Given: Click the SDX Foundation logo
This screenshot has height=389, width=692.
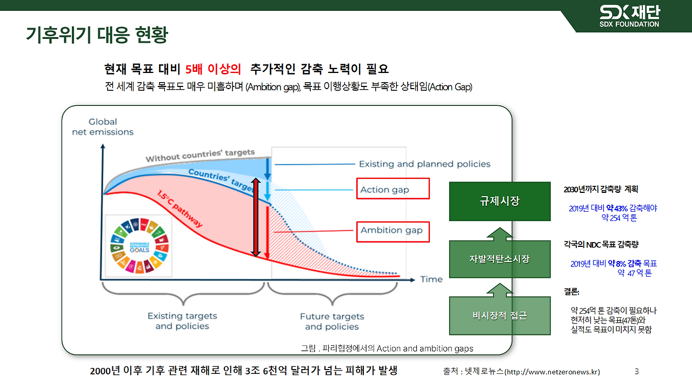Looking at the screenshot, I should (629, 16).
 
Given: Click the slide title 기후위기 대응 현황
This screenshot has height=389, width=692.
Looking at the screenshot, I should (97, 35).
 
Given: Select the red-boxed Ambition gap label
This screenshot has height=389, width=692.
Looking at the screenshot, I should (392, 231).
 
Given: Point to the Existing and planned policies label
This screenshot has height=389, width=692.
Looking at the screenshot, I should (424, 164).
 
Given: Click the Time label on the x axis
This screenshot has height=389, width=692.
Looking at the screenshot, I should (431, 279).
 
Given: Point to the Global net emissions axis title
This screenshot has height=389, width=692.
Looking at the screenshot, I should (103, 127).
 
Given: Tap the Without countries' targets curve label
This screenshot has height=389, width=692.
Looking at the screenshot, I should (200, 156).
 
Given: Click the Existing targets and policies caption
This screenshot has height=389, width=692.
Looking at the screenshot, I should (182, 321).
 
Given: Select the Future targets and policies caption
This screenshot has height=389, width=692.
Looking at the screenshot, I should (332, 321).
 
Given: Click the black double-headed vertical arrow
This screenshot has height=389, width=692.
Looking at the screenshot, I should (257, 217).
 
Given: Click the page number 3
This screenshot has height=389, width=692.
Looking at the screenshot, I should (636, 372).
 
